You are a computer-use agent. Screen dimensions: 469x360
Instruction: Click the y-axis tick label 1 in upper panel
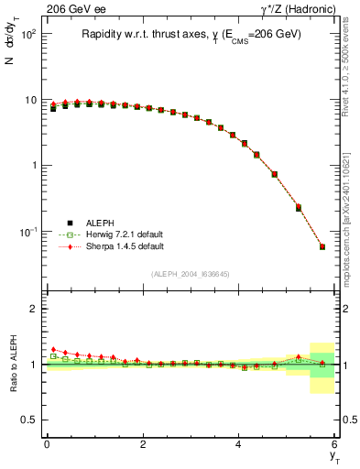33,166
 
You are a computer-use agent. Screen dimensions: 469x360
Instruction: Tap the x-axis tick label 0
47,444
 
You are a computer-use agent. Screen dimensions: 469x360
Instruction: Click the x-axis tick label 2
143,444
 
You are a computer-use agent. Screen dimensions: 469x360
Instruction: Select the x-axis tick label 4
239,444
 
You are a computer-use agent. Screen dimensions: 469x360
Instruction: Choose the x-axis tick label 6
335,444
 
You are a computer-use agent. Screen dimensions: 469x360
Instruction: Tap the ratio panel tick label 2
33,310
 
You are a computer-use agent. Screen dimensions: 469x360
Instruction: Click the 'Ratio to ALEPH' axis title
11,365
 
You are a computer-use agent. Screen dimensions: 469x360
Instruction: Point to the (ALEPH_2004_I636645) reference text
191,274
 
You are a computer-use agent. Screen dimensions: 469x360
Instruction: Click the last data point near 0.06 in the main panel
322,246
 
